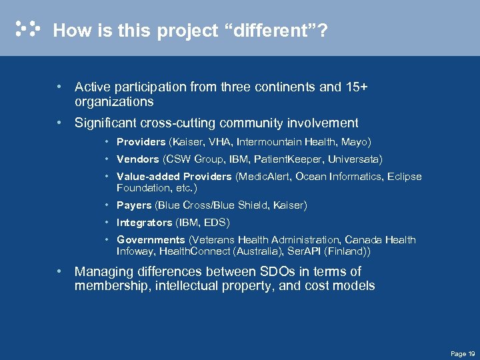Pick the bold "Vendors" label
[137, 159]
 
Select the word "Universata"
[353, 159]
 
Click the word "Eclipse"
[403, 177]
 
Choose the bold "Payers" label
[134, 205]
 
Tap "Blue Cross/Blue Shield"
[214, 205]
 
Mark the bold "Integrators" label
[144, 223]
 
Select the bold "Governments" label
[151, 240]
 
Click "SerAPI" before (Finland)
[304, 253]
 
